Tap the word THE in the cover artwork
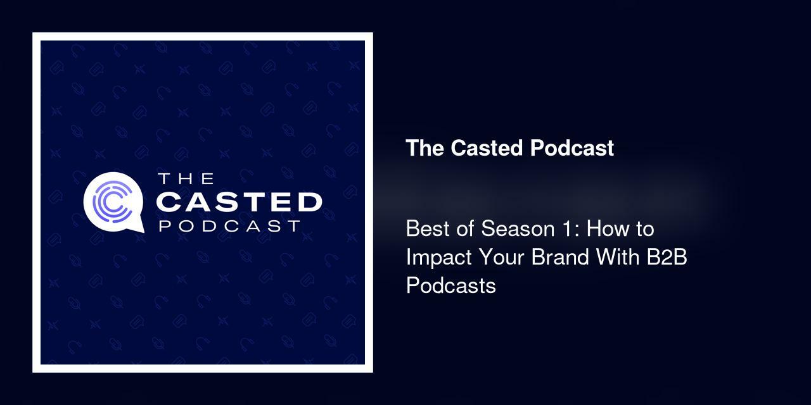(186, 178)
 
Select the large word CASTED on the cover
(239, 202)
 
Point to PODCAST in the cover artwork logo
(229, 226)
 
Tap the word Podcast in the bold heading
(572, 148)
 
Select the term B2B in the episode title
(670, 258)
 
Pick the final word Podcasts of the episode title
(450, 286)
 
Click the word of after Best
(462, 228)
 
